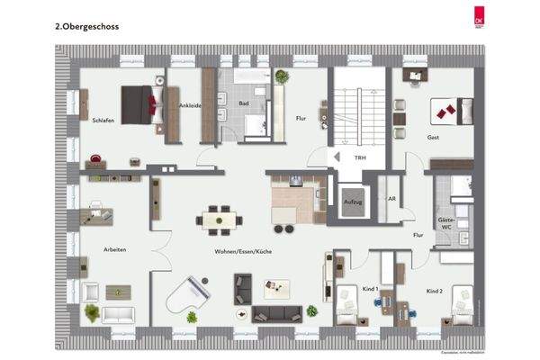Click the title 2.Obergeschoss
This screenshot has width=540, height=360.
coord(86,27)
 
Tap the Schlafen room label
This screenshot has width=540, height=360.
coord(103,120)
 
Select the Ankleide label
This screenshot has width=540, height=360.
coord(189,105)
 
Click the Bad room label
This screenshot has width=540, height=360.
coord(243,103)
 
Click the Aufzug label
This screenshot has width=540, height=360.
coord(353,203)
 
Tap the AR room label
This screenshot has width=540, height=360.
coord(391,199)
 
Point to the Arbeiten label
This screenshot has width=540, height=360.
coord(114,249)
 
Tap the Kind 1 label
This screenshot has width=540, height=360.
coord(368,289)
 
